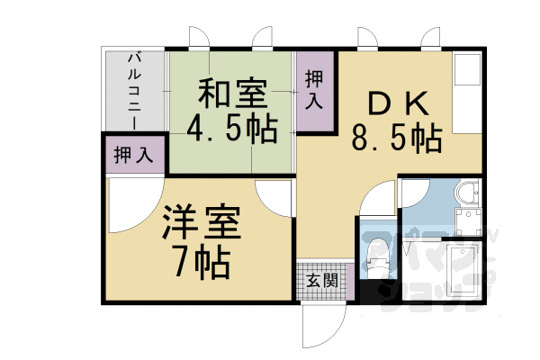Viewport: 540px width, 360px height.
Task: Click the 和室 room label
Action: (x=231, y=94)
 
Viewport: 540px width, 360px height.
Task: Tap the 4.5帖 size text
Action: (x=231, y=130)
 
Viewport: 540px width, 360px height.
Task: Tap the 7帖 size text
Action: (x=200, y=262)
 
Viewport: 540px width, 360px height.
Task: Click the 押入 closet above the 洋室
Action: (x=134, y=155)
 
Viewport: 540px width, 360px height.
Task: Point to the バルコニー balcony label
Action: (x=134, y=90)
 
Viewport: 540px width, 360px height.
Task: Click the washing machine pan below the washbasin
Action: (x=468, y=221)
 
